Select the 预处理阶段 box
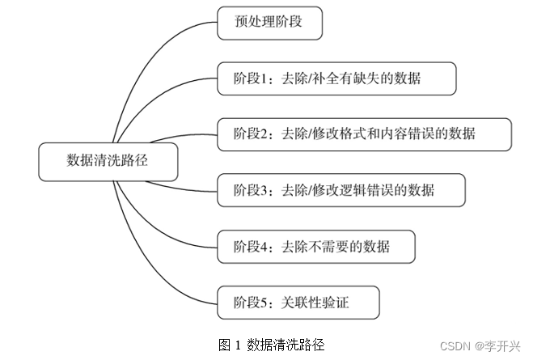[269, 23]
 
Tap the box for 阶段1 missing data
[336, 78]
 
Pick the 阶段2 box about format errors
[364, 134]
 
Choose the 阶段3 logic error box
[341, 190]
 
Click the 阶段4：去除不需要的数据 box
[316, 246]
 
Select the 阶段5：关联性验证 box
[298, 302]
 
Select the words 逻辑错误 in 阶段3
[357, 190]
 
